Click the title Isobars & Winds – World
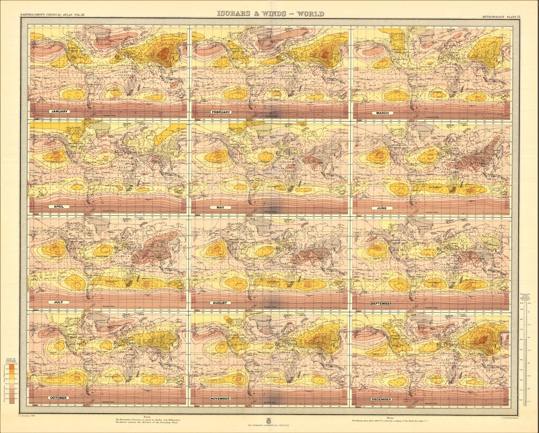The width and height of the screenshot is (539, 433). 271,14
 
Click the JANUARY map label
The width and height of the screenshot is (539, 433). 59,112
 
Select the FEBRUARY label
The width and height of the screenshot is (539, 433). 220,112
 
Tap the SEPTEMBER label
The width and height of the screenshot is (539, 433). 381,304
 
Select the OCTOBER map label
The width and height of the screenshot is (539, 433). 59,398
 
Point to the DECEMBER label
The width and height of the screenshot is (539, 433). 382,399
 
